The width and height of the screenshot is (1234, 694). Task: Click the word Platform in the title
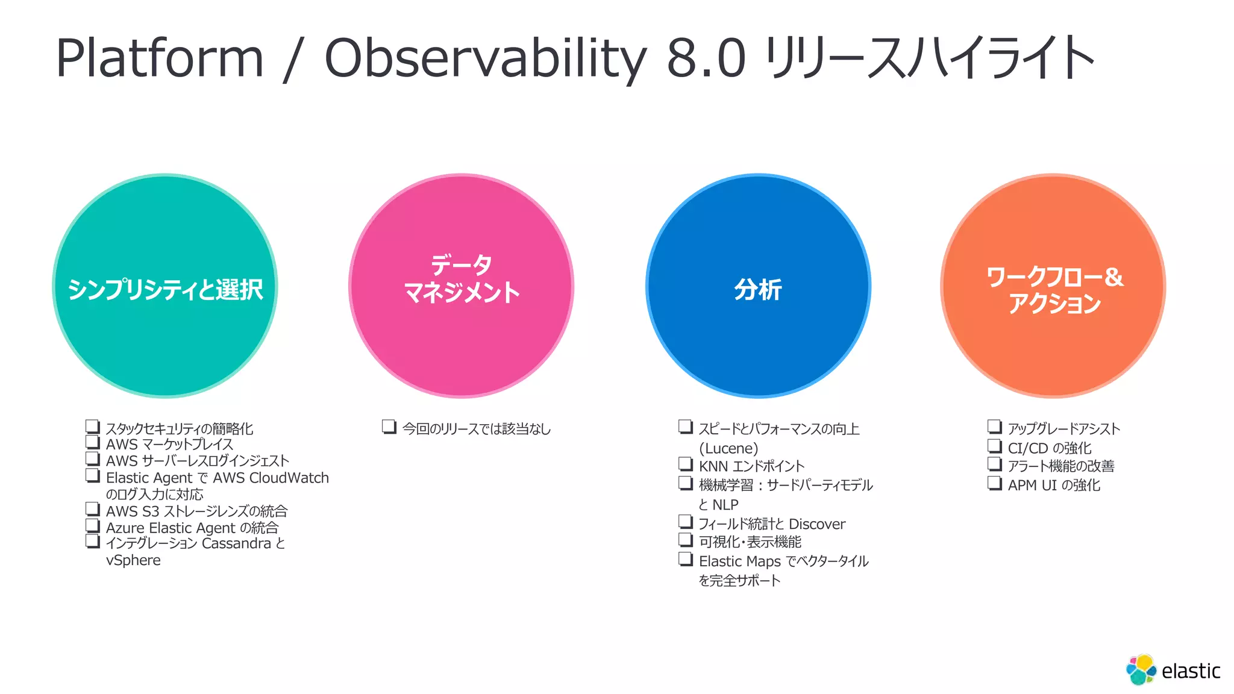(x=160, y=58)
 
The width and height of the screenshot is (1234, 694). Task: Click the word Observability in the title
(x=484, y=58)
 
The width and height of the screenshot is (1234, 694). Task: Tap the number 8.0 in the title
(x=706, y=58)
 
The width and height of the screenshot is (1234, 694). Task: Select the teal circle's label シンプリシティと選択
(x=165, y=290)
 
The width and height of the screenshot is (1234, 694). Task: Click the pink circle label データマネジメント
(x=462, y=279)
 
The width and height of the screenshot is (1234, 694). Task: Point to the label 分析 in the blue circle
(x=757, y=290)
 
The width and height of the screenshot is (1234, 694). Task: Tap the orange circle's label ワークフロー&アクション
(x=1054, y=290)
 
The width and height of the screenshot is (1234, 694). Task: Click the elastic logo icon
(x=1141, y=670)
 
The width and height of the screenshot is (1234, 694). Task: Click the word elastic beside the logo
(x=1191, y=671)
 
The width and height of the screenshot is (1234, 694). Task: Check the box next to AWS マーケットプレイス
(x=92, y=442)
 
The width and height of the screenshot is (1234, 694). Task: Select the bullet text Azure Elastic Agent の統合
(x=192, y=528)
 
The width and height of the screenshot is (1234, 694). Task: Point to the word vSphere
(x=133, y=560)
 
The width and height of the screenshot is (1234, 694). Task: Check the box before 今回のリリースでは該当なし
(x=389, y=427)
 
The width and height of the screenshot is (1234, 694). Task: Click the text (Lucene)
(x=728, y=448)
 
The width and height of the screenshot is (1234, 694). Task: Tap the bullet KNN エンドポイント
(x=751, y=466)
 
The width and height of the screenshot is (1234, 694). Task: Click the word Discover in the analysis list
(x=816, y=524)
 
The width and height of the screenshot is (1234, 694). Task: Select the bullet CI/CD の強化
(x=1049, y=448)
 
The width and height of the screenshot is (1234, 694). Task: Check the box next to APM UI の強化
(x=994, y=483)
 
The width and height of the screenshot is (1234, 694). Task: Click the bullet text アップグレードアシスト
(x=1063, y=428)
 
